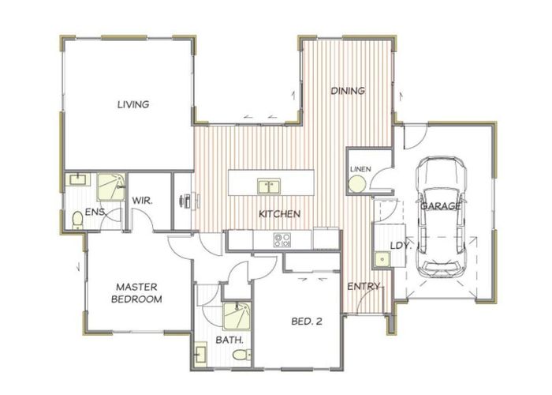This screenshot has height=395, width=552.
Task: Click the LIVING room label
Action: tap(133, 104)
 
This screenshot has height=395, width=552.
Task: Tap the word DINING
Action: tap(347, 91)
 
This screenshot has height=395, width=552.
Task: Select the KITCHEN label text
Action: tap(280, 214)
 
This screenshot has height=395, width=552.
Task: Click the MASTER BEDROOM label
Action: tap(138, 293)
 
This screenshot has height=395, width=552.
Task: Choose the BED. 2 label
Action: tap(305, 321)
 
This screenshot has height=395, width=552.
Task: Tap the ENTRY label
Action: tap(364, 286)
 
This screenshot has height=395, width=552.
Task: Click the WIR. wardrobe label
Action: tap(142, 201)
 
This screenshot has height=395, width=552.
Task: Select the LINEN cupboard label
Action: tap(360, 168)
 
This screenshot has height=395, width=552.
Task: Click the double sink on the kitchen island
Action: tap(269, 186)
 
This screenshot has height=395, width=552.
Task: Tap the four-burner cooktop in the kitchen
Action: tap(282, 240)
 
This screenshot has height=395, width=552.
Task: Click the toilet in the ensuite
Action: tap(76, 217)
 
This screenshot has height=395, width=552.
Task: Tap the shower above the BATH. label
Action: tap(236, 316)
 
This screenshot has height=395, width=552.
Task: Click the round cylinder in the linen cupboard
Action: tap(356, 185)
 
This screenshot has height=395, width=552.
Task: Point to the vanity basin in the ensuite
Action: tap(78, 181)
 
